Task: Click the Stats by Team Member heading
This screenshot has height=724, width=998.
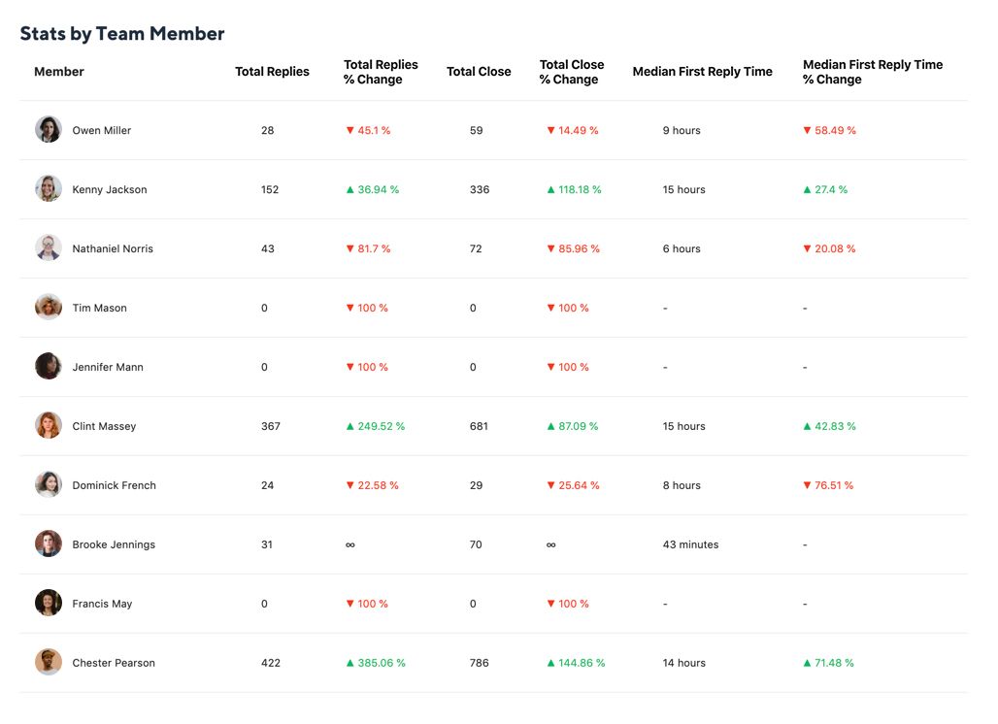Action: (x=122, y=34)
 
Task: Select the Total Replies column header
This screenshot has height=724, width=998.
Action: (x=272, y=72)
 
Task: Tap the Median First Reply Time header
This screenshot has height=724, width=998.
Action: (x=702, y=72)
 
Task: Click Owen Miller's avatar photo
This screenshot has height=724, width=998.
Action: (x=49, y=130)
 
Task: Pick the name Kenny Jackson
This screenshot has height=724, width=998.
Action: (x=110, y=190)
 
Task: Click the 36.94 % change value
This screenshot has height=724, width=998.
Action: (x=373, y=190)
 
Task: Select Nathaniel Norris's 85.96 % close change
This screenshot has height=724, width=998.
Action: (x=574, y=249)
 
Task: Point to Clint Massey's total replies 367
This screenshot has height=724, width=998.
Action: (x=271, y=427)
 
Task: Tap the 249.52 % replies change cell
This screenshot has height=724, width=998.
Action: (x=376, y=427)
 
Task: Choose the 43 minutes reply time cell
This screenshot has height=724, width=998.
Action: (x=690, y=545)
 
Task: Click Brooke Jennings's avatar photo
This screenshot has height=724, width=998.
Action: (x=49, y=544)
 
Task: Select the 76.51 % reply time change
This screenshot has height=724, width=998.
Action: (x=828, y=486)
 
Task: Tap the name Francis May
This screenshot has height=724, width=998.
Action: (x=102, y=605)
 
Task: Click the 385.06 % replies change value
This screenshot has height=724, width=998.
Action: (x=376, y=664)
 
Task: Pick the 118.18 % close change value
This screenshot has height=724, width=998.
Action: (x=575, y=190)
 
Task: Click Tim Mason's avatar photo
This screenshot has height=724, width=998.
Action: (x=49, y=308)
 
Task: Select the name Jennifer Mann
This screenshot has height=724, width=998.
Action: (x=108, y=368)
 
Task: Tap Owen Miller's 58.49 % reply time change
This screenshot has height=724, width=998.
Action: (x=829, y=131)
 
